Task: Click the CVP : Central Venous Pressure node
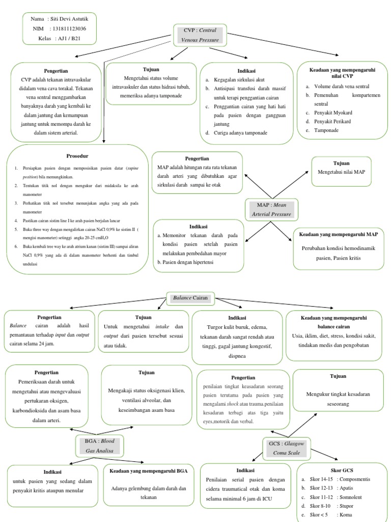click(x=200, y=34)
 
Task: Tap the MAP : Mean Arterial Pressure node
click(x=271, y=210)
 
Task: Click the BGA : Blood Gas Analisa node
click(x=100, y=445)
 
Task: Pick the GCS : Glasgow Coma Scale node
click(x=287, y=448)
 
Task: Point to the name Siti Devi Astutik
click(x=72, y=19)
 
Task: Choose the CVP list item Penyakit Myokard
click(x=333, y=113)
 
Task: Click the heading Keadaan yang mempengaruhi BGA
click(x=149, y=472)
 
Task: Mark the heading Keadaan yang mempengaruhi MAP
click(x=338, y=234)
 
